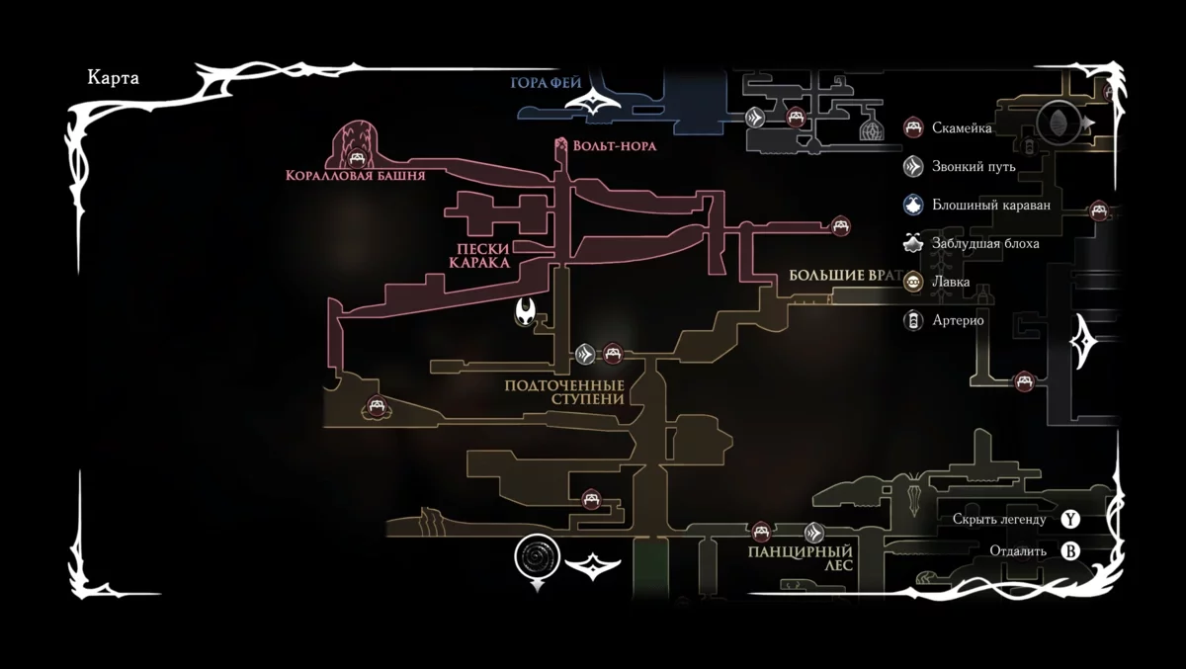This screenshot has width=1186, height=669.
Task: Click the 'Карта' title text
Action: pos(113,79)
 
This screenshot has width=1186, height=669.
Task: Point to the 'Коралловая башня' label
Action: pos(355,176)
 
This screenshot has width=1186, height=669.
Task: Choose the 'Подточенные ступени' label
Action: pos(564,391)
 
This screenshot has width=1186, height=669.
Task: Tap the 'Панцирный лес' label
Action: pos(800,558)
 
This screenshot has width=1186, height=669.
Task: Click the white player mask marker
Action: pos(528,312)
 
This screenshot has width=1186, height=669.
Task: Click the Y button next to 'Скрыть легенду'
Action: pos(1070,519)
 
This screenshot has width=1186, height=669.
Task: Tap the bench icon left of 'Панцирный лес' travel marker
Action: pos(760,531)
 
